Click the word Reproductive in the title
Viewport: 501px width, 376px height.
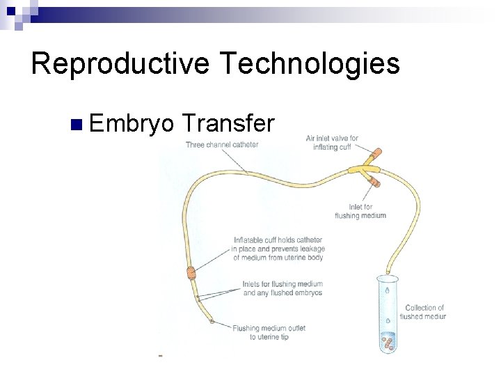[x=120, y=64]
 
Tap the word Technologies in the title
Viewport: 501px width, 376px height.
[x=310, y=64]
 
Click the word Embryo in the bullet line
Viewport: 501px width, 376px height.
[x=132, y=124]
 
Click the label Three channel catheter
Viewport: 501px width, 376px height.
[x=221, y=145]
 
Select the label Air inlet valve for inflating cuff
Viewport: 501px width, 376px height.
[x=332, y=142]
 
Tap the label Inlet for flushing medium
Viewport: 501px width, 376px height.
[x=360, y=211]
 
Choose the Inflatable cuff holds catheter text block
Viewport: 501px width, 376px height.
[x=279, y=249]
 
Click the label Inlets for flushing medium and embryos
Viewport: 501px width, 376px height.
[x=283, y=288]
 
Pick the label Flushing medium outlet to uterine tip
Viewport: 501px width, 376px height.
[x=269, y=332]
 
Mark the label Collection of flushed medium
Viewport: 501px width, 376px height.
[x=424, y=312]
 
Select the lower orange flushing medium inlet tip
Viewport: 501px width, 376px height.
[x=374, y=182]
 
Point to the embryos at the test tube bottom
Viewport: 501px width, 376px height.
[x=387, y=341]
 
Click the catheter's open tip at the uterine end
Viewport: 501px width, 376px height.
[x=211, y=322]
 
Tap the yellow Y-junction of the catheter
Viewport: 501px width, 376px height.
[x=361, y=168]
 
